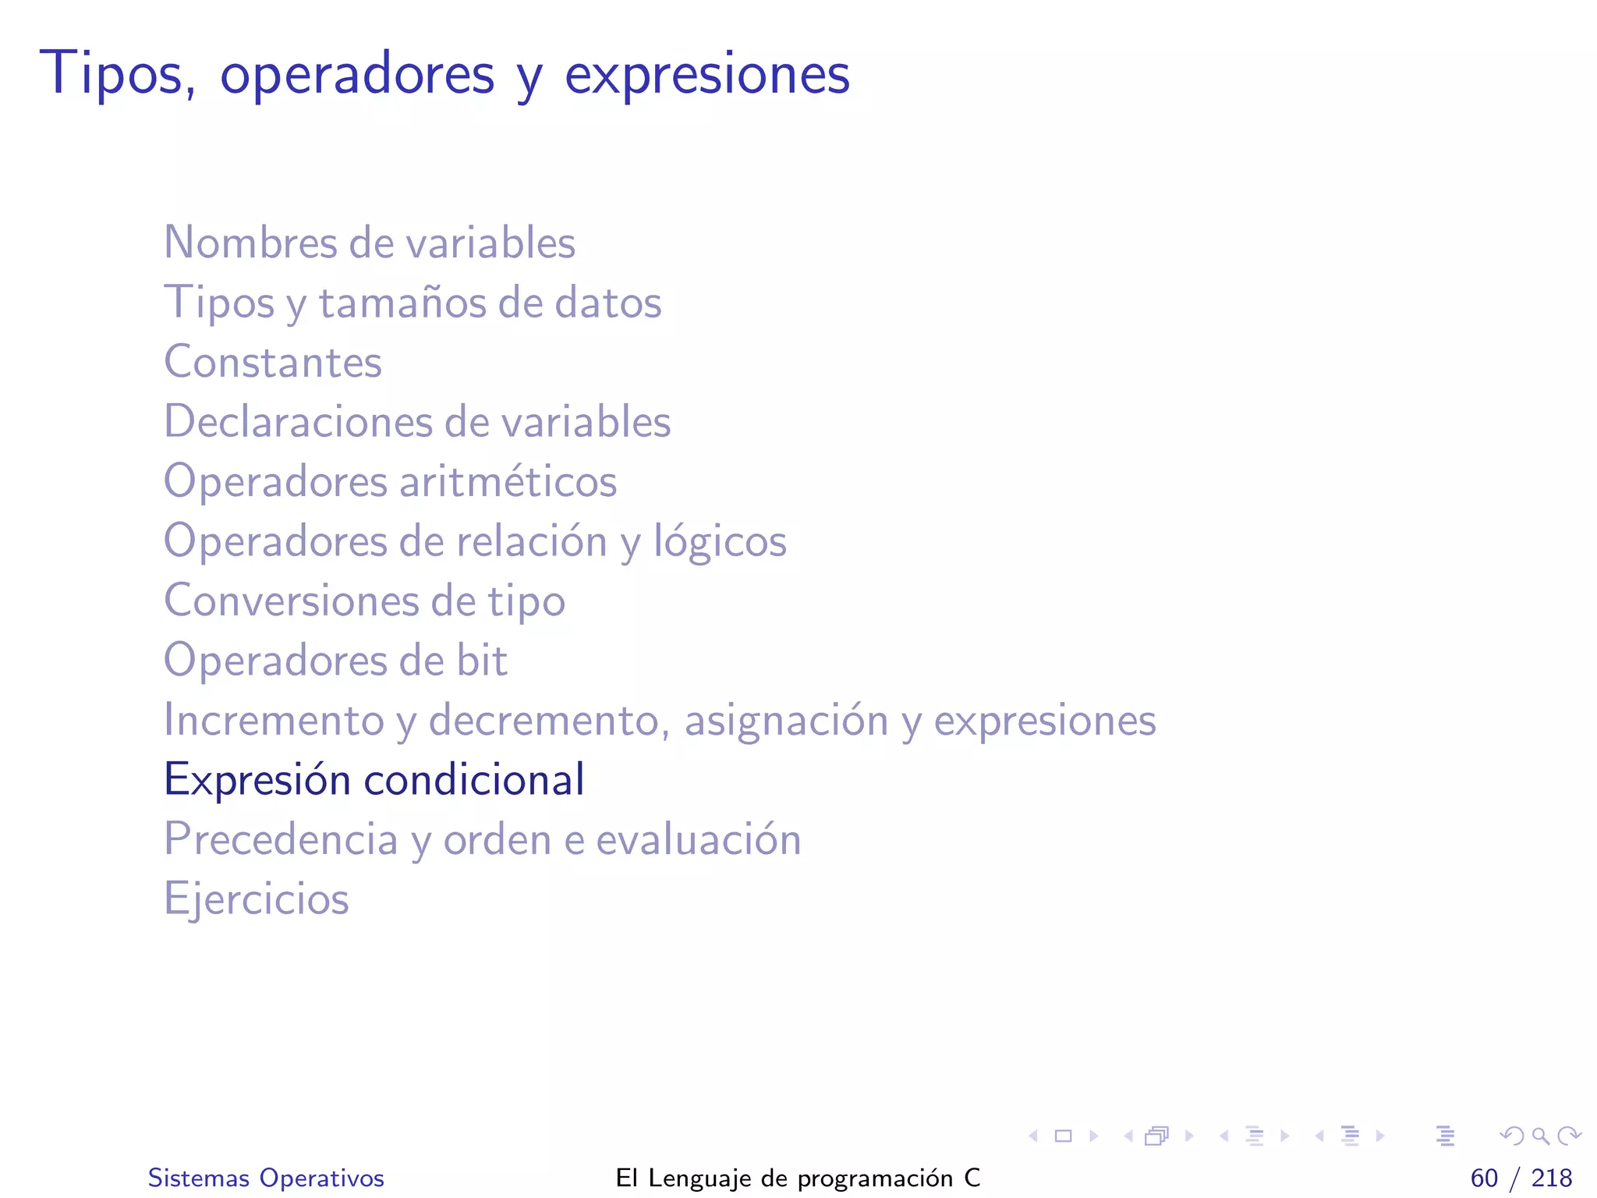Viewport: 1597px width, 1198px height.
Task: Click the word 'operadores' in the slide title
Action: [x=357, y=75]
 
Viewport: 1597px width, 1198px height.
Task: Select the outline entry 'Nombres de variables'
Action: [x=369, y=243]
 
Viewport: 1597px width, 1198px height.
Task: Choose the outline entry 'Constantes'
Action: [x=273, y=362]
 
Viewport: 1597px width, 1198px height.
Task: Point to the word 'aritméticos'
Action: [x=508, y=481]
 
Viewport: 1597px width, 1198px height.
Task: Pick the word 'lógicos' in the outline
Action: [x=720, y=541]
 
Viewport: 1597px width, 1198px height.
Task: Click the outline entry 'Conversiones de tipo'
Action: [x=364, y=601]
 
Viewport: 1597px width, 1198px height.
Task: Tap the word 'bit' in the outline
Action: [x=482, y=661]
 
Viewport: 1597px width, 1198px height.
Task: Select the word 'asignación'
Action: [x=786, y=720]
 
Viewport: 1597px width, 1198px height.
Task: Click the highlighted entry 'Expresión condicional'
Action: [x=374, y=779]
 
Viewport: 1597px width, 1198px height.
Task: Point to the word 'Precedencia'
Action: [x=281, y=839]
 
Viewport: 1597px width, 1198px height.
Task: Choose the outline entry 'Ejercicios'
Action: [x=257, y=898]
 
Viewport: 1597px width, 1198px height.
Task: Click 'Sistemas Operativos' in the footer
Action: [x=266, y=1178]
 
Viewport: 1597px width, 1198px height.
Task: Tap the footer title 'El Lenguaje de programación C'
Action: [x=798, y=1178]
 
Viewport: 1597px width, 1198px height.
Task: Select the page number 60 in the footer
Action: [x=1484, y=1178]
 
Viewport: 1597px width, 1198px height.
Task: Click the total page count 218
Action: [x=1551, y=1178]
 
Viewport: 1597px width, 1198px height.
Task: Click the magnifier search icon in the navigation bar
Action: [x=1540, y=1136]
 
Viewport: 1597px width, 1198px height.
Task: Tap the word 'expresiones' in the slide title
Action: [x=706, y=75]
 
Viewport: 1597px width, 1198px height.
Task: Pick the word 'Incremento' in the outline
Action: [x=274, y=720]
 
